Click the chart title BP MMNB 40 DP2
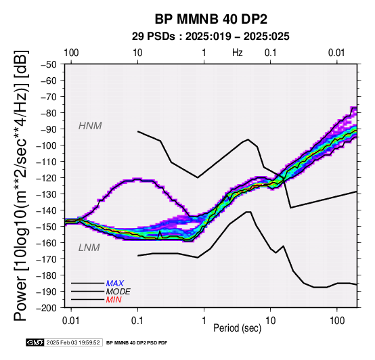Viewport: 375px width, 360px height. tap(211, 19)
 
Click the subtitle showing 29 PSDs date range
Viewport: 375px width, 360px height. tap(211, 37)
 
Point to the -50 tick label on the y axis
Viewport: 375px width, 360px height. tap(49, 64)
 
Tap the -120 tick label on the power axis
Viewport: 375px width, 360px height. tap(47, 178)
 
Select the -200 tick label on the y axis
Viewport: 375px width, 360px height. tap(47, 308)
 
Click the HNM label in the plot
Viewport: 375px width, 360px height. tap(90, 126)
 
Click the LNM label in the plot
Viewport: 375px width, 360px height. tap(89, 248)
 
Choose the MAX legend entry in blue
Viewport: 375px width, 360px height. tap(115, 284)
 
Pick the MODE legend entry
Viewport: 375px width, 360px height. tap(118, 292)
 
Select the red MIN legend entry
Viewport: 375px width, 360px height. tap(114, 300)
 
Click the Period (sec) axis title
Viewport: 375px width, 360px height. tap(237, 328)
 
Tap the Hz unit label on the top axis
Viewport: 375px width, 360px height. tap(237, 53)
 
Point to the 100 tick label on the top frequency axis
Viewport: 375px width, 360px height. tap(71, 53)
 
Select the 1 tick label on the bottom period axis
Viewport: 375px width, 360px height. tap(204, 321)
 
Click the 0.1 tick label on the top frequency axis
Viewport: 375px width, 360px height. tap(270, 53)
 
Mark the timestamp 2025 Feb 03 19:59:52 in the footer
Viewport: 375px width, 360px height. tap(73, 342)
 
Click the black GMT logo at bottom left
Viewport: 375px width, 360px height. tap(35, 342)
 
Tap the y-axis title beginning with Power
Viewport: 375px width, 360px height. tap(21, 185)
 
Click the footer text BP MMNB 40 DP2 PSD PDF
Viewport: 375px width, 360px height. tap(137, 343)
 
